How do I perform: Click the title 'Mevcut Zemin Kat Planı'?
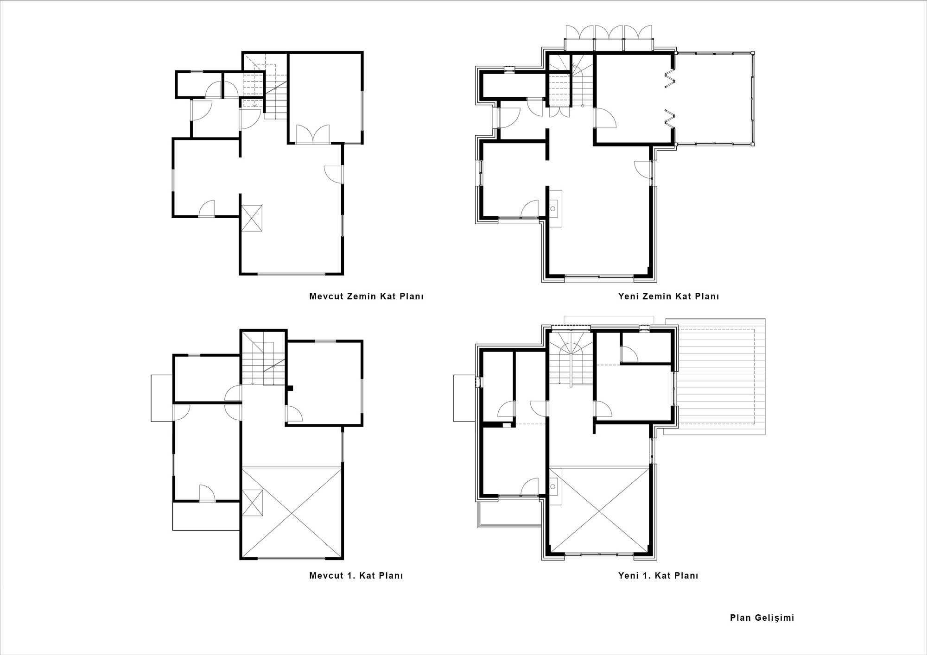click(366, 296)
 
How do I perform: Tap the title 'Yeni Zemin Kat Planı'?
click(668, 296)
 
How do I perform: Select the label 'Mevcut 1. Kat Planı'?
click(356, 576)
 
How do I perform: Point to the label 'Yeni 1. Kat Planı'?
click(658, 576)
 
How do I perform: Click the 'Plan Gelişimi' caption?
click(762, 617)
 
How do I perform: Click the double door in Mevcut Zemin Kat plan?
click(313, 134)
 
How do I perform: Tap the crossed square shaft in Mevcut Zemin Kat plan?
click(252, 218)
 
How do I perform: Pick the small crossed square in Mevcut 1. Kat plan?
click(253, 503)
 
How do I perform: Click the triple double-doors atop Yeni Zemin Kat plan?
click(609, 37)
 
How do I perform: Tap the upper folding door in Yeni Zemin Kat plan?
click(669, 79)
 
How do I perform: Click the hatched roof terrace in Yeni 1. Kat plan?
click(714, 377)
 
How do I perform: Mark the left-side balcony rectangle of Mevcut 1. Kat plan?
click(162, 398)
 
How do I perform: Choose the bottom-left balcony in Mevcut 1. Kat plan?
click(207, 516)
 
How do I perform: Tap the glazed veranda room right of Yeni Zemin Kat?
click(714, 99)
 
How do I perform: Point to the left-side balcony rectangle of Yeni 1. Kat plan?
click(465, 398)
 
